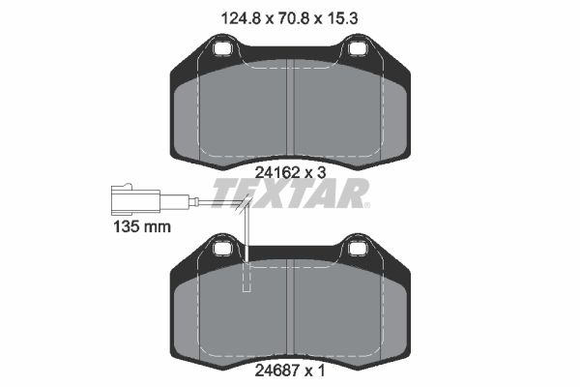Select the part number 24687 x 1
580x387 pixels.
pyautogui.click(x=289, y=369)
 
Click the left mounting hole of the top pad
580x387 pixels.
pyautogui.click(x=223, y=47)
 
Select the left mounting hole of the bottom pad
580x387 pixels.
pyautogui.click(x=223, y=248)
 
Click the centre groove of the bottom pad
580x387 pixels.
pyautogui.click(x=290, y=310)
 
